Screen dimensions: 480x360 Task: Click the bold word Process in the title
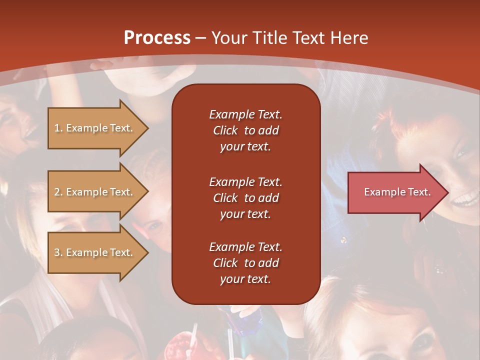click(x=157, y=37)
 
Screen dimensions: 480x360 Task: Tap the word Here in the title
click(x=349, y=37)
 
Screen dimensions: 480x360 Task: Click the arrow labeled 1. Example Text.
click(x=98, y=128)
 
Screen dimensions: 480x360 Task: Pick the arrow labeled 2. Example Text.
click(x=98, y=192)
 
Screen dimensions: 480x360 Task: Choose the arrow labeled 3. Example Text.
click(x=98, y=252)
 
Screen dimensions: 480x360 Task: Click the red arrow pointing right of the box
click(x=398, y=192)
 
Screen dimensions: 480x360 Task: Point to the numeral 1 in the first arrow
click(x=56, y=128)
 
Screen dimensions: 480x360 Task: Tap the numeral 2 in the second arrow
click(x=57, y=192)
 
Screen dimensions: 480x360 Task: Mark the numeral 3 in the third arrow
click(x=57, y=252)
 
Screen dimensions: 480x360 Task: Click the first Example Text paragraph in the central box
click(x=246, y=130)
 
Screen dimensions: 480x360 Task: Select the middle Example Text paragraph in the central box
click(x=246, y=198)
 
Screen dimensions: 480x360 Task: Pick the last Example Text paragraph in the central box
click(x=246, y=263)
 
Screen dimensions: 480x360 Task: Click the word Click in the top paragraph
click(x=225, y=130)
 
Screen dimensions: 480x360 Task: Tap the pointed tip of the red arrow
click(x=448, y=192)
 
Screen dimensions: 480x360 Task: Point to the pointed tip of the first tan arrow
click(x=148, y=128)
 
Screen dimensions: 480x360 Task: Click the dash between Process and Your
click(x=200, y=38)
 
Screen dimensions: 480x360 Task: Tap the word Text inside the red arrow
click(x=419, y=192)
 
